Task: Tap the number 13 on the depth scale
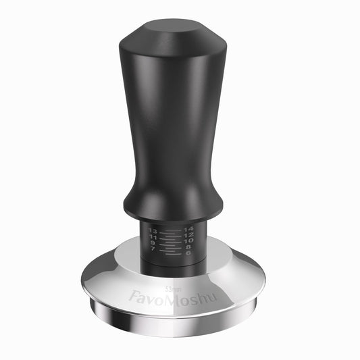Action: click(x=153, y=231)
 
